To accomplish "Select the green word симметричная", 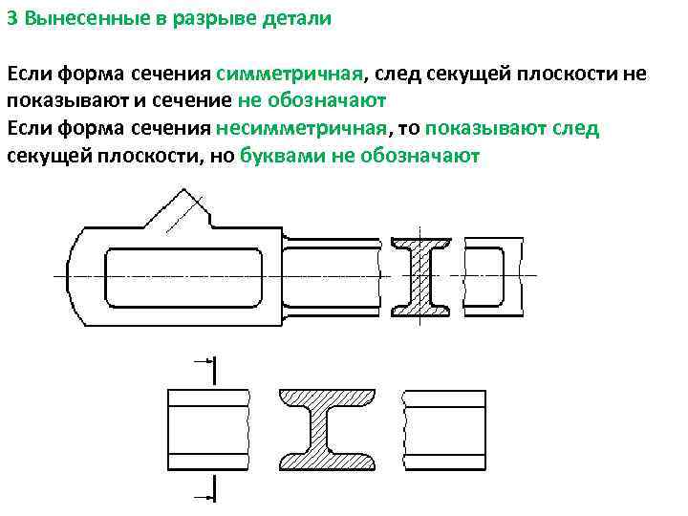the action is (x=290, y=74).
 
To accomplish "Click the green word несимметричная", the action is (x=302, y=129).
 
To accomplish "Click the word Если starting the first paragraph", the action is (x=30, y=74).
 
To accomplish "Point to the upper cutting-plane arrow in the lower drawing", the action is (x=203, y=362).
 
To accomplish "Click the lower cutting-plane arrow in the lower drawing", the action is (x=203, y=495).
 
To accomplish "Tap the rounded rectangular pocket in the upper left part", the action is (x=182, y=276).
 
